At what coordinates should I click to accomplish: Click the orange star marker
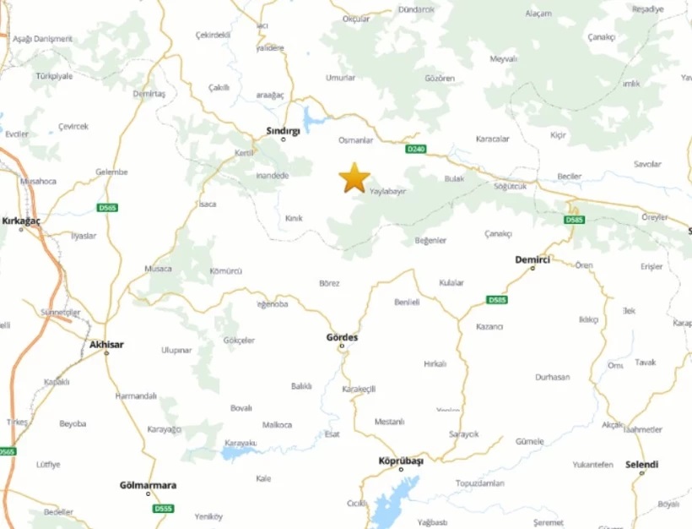coord(354,177)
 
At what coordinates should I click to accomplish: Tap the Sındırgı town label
coord(284,130)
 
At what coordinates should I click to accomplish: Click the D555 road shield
coord(163,509)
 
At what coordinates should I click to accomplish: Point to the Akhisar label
coord(105,344)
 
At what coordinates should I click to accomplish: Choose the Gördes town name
coord(342,337)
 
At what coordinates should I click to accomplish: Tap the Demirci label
coord(533,259)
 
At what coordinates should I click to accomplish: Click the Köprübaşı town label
coord(400,460)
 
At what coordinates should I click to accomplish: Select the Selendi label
coord(641,464)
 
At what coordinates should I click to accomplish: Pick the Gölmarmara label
coord(148,485)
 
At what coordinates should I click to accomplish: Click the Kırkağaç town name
coord(22,220)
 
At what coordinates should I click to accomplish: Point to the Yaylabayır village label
coord(388,192)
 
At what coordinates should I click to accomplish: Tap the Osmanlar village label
coord(355,140)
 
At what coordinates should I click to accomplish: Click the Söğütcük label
coord(511,186)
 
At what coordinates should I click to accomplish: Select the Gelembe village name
coord(111,172)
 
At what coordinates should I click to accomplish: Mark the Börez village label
coord(329,283)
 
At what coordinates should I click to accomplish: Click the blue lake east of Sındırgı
coord(312,121)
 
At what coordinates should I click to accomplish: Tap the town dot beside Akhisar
coord(106,353)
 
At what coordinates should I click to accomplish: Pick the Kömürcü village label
coord(225,271)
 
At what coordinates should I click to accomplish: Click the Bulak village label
coord(454,179)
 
